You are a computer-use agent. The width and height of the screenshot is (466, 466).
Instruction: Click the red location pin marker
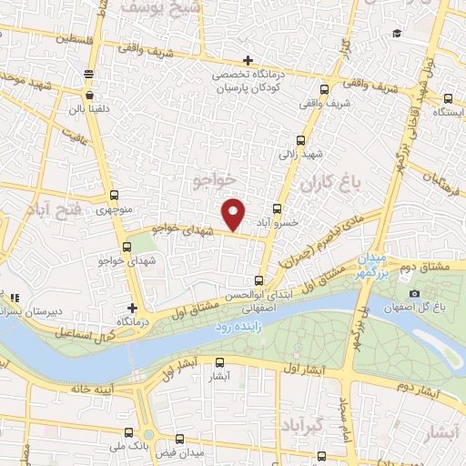234,213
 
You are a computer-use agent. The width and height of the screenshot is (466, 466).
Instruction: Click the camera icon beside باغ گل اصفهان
415,293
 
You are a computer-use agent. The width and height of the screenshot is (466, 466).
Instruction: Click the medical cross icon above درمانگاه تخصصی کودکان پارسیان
248,60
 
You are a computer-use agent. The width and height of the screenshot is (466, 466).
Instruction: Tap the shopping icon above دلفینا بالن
89,93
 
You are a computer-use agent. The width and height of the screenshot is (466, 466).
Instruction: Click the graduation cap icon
396,35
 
